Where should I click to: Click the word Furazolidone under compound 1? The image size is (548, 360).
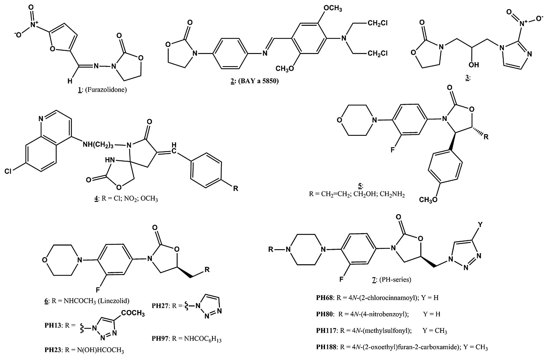tap(106, 90)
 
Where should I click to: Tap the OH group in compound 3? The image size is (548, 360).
tap(474, 65)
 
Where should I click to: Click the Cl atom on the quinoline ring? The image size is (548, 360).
tap(8, 171)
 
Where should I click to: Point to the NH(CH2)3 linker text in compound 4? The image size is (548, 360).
tap(98, 144)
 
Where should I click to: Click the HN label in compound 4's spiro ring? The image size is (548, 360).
tap(110, 160)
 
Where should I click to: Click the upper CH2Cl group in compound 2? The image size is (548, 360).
tap(377, 23)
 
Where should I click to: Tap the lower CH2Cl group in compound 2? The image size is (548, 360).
tap(377, 53)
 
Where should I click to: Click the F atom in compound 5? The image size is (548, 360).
tap(393, 150)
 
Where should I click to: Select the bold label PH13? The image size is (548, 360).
tap(53, 325)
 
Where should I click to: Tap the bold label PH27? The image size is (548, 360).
tap(160, 305)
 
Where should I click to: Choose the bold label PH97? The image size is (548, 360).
tap(160, 338)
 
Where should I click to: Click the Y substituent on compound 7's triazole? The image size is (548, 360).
tap(480, 224)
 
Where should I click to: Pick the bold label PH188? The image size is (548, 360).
tap(326, 347)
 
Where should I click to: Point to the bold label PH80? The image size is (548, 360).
tap(324, 314)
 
